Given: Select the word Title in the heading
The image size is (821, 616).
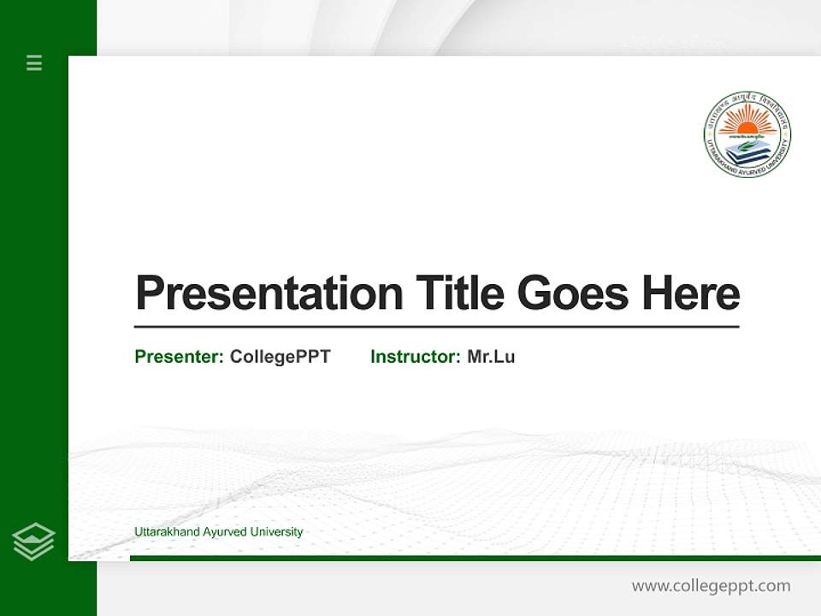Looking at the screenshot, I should coord(459,293).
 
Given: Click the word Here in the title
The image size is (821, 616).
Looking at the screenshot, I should coord(690,293).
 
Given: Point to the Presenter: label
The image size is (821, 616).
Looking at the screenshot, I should coord(179,357).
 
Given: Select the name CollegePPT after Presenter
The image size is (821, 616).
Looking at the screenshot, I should coord(280,357).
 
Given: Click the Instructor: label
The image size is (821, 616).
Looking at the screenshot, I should coord(415,357).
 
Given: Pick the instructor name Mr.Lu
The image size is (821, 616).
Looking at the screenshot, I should coord(491,357).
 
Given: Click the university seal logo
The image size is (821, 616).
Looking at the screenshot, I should coord(747,133).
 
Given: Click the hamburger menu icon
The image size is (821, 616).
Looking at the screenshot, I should coord(34,62).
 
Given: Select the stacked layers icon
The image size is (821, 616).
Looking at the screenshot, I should coord(33,542).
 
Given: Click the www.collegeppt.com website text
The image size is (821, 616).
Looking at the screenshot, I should coord(711,586).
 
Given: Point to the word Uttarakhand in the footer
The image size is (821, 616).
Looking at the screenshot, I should coord(167,532).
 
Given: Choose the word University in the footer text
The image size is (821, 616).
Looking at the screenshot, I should coord(276,532).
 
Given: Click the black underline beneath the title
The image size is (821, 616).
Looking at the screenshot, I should coord(436,327).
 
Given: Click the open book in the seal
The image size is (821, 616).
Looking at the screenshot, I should coord(747,148).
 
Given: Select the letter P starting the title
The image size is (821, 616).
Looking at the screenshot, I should coord(148,293).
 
